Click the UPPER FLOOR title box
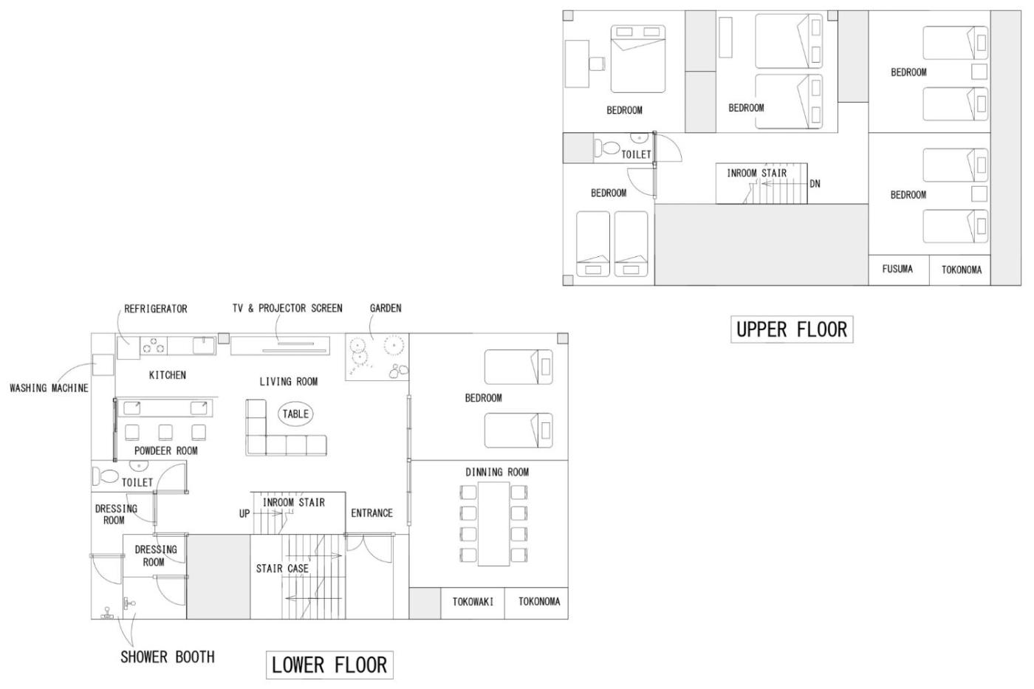click(x=792, y=329)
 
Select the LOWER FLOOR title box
click(x=329, y=665)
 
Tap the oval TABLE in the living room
click(x=295, y=414)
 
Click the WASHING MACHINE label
click(x=49, y=388)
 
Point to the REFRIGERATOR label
click(x=156, y=309)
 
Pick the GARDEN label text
click(x=386, y=308)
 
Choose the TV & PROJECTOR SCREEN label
click(x=287, y=308)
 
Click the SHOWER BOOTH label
click(x=168, y=657)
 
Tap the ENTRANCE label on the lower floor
click(x=372, y=513)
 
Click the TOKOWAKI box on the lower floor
click(x=473, y=603)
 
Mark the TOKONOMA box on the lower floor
click(x=536, y=603)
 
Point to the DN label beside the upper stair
click(x=815, y=184)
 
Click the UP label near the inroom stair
click(x=244, y=514)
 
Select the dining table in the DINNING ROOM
click(x=493, y=524)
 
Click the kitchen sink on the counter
click(x=204, y=345)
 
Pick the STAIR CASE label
click(x=282, y=569)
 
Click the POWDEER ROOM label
click(x=165, y=450)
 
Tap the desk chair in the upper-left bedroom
click(x=597, y=64)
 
